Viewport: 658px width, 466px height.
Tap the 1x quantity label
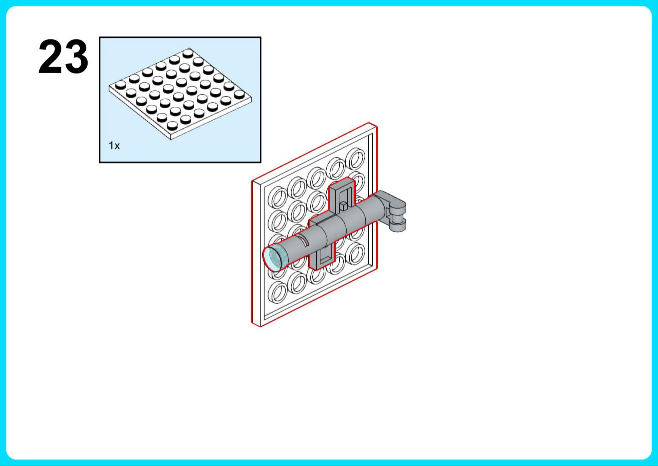pos(114,146)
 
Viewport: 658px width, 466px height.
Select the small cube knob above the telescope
pos(343,205)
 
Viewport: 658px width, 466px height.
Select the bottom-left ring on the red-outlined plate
pos(278,292)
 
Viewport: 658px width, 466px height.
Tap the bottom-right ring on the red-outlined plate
pos(355,252)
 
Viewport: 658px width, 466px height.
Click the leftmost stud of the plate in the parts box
pos(120,85)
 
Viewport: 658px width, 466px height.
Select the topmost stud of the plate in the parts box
pos(188,53)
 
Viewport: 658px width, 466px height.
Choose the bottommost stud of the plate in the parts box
pos(172,126)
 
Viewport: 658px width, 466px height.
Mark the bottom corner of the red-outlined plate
pos(260,326)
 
